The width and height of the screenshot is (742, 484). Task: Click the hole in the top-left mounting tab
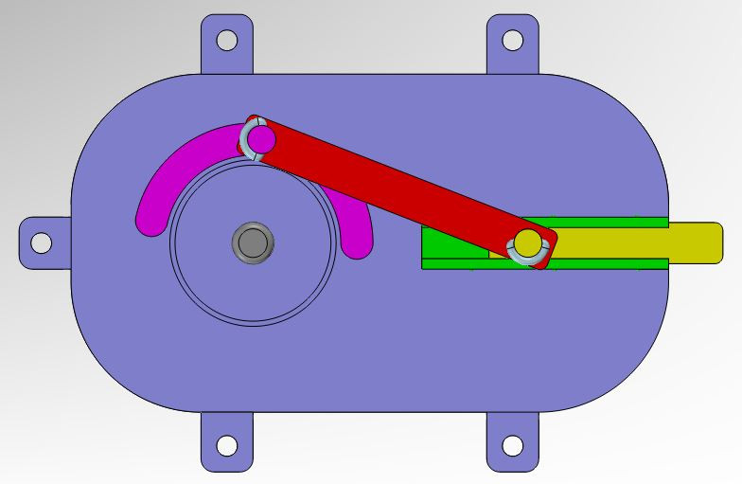click(227, 40)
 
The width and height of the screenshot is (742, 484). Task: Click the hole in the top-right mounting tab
click(512, 40)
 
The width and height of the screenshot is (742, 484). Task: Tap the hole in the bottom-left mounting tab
click(226, 444)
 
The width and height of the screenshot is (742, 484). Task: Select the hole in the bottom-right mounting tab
click(512, 444)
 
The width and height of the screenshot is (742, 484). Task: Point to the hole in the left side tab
click(41, 242)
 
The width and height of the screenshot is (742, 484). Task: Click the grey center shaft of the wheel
click(253, 242)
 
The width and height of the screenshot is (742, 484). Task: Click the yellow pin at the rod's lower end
click(529, 243)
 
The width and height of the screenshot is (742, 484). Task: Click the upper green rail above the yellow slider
click(606, 222)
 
